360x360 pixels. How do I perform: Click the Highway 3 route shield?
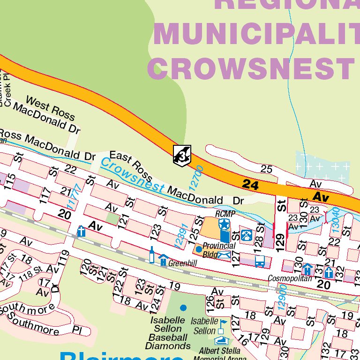tap(181, 155)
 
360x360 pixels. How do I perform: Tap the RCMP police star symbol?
tap(225, 225)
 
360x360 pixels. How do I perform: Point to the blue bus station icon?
tap(260, 261)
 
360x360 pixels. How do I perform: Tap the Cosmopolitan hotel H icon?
tap(307, 269)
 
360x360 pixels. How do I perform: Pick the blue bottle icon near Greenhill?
tap(152, 255)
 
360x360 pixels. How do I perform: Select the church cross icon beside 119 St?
tap(81, 231)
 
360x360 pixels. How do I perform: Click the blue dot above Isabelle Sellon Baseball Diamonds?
tap(183, 307)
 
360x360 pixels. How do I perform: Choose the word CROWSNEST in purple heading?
tap(253, 67)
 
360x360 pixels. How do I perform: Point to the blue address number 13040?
tap(335, 218)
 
